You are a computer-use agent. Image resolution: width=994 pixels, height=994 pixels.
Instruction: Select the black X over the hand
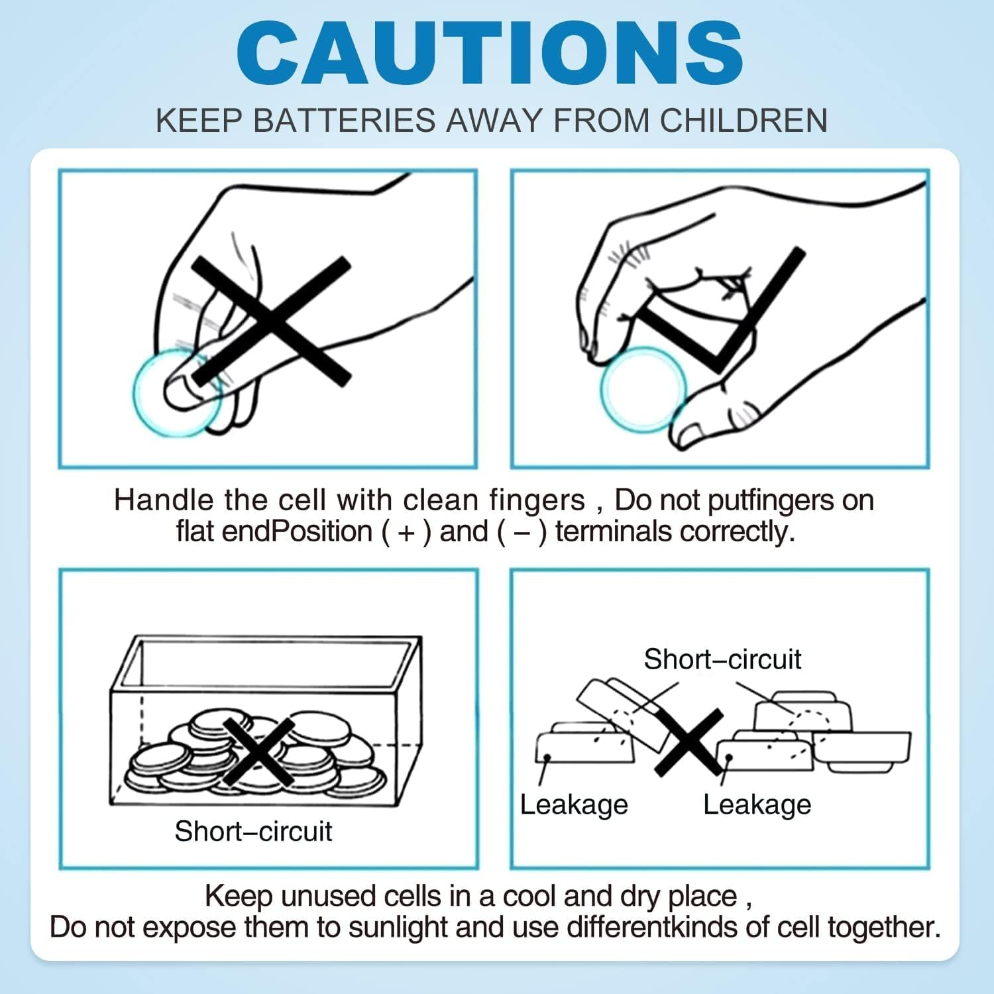click(271, 322)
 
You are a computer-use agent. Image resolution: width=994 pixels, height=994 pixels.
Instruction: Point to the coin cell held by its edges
click(643, 389)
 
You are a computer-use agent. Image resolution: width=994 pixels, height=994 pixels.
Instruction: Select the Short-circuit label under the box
click(253, 831)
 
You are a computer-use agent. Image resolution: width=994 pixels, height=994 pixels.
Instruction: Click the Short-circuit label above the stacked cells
click(722, 659)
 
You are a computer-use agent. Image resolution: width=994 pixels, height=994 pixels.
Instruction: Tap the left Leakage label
click(574, 805)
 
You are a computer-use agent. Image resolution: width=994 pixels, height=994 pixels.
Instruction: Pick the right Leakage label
click(757, 805)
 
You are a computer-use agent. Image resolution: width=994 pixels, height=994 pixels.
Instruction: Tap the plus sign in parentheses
click(406, 532)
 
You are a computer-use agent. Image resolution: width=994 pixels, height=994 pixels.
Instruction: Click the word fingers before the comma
click(537, 501)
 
